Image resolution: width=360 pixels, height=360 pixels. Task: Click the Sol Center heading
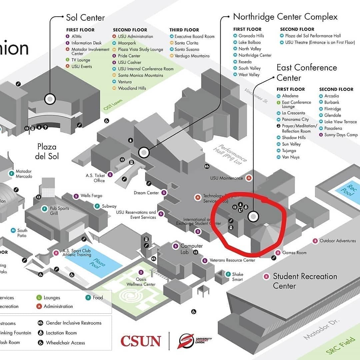point(85,18)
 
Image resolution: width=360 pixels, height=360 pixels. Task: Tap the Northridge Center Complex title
point(285,17)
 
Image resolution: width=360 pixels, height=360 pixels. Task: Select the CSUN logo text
point(140,341)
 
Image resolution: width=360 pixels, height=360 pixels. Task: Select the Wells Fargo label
point(91,196)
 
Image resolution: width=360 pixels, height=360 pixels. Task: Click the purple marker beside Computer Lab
point(175,246)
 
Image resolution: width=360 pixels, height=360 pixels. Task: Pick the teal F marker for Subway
point(97,206)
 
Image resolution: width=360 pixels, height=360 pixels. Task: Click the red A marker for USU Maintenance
point(249,178)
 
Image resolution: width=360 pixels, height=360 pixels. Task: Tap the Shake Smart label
point(238,277)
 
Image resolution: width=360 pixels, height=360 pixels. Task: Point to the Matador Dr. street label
point(322,329)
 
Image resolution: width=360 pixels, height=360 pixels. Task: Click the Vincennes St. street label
point(256,96)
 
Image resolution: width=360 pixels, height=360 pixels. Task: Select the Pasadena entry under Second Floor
point(333,128)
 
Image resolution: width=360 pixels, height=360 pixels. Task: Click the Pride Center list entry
point(129,56)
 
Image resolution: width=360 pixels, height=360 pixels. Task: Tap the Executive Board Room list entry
point(194,36)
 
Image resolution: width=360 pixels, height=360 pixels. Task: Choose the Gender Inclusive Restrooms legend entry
point(73,323)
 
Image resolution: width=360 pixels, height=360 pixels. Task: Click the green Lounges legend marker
point(39,298)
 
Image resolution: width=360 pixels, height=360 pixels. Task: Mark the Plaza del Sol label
point(47,151)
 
